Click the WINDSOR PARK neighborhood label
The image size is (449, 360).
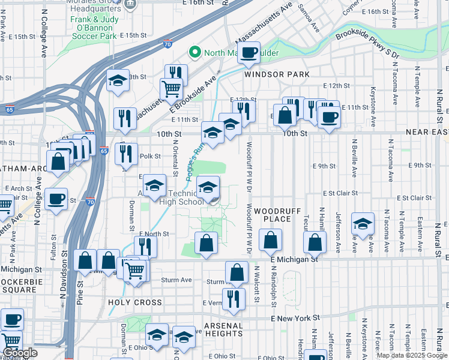[277, 74]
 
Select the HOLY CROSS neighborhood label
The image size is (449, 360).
[135, 302]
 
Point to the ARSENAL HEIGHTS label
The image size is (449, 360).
[223, 329]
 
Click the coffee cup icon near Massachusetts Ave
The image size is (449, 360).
[249, 53]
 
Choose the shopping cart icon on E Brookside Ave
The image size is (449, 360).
[171, 89]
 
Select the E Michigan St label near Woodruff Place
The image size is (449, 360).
[294, 259]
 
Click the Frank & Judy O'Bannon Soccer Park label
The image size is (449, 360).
[94, 28]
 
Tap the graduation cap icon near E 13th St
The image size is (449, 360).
[118, 80]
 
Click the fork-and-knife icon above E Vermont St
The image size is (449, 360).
[234, 298]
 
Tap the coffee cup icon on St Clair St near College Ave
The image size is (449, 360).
[57, 199]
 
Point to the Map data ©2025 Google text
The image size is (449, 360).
[412, 355]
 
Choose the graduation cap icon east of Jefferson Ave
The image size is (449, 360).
[363, 223]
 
